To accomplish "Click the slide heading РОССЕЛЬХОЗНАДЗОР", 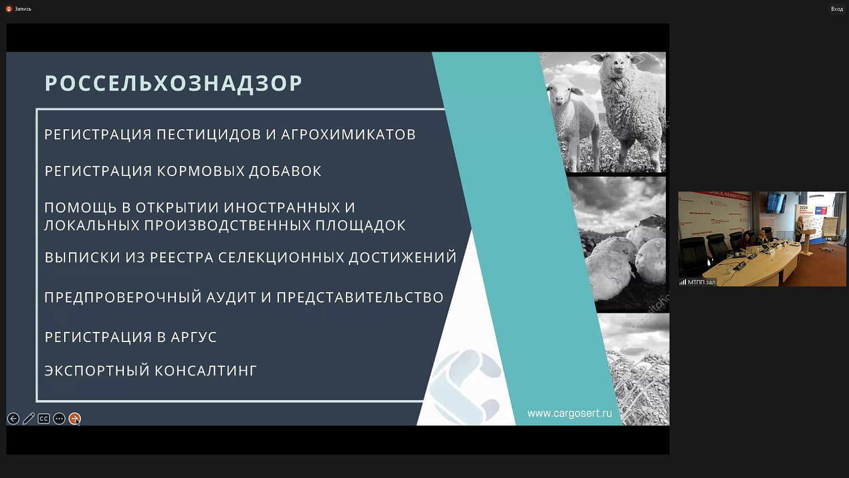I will coord(173,83).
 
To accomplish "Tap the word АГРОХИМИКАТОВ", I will coord(348,135).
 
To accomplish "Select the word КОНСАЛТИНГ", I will coord(205,371).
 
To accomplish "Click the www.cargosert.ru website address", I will coord(569,413).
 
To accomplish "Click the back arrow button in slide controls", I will coord(13,419).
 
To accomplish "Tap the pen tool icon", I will coord(28,419).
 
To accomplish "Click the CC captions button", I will coord(44,419).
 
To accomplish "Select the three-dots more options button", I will coord(59,419).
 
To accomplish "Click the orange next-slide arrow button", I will coord(74,419).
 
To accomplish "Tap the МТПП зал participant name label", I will coord(701,282).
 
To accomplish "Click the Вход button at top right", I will coord(837,9).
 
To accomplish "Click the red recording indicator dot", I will coord(8,9).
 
